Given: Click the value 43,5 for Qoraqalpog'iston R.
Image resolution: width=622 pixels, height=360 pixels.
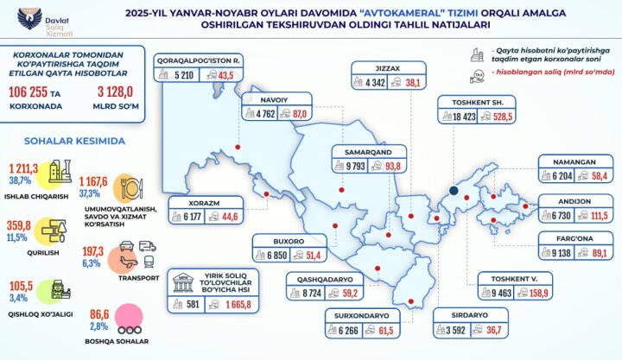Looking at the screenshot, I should (228, 75).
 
